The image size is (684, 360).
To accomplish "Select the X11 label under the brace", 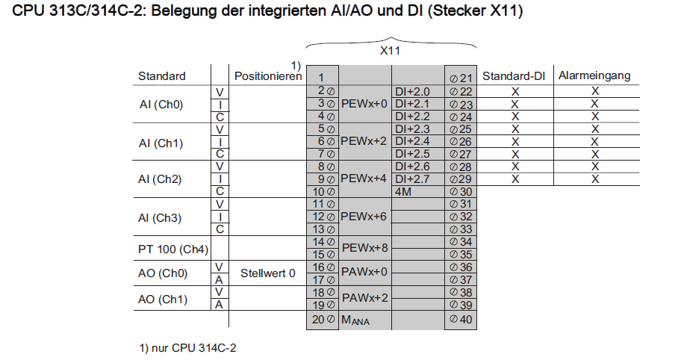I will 391,52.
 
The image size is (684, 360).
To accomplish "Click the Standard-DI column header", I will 514,75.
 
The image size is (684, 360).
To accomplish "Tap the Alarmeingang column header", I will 594,75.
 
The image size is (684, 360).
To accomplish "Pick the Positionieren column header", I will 268,76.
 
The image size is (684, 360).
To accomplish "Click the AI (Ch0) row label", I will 161,104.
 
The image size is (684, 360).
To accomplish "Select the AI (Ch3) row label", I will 161,217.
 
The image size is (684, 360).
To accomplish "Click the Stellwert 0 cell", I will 267,273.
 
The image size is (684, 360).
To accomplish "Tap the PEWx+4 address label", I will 364,179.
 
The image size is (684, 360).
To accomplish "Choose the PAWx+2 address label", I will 364,298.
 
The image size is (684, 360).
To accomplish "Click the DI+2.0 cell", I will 412,91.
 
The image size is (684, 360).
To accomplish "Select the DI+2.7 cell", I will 412,179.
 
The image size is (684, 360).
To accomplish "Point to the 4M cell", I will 403,191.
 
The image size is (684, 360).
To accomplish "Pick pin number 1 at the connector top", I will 320,77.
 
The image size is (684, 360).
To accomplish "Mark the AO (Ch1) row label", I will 163,300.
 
